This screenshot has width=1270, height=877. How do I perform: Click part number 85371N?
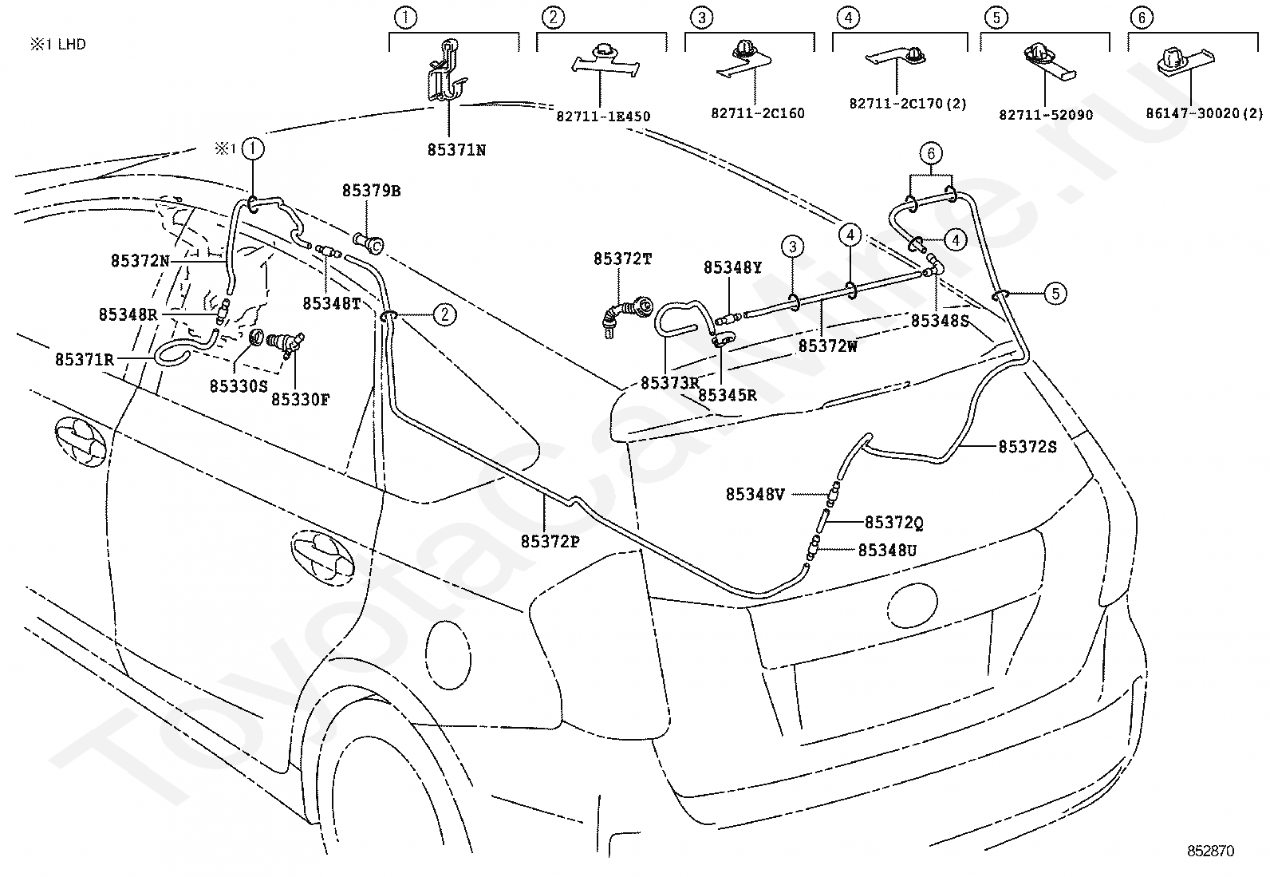pyautogui.click(x=456, y=150)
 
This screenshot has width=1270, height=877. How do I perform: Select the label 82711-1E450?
pyautogui.click(x=603, y=117)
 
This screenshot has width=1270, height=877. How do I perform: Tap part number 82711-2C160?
pyautogui.click(x=758, y=113)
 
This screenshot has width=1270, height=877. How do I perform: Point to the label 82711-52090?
pyautogui.click(x=1046, y=115)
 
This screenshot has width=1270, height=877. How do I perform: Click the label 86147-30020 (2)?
pyautogui.click(x=1205, y=113)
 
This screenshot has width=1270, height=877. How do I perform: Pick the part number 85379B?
pyautogui.click(x=372, y=191)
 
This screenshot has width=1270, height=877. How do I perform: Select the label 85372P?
pyautogui.click(x=550, y=542)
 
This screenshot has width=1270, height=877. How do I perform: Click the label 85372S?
pyautogui.click(x=1028, y=447)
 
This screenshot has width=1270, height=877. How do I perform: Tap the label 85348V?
pyautogui.click(x=755, y=495)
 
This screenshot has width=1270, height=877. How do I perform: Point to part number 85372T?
pyautogui.click(x=623, y=259)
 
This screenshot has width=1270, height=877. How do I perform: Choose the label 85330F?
pyautogui.click(x=301, y=400)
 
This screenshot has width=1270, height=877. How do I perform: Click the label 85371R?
pyautogui.click(x=85, y=360)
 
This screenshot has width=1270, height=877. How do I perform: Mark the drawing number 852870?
pyautogui.click(x=1210, y=851)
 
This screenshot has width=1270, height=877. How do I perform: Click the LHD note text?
pyautogui.click(x=57, y=44)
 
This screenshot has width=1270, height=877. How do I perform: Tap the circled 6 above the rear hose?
pyautogui.click(x=931, y=153)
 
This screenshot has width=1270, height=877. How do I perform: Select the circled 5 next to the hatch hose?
pyautogui.click(x=1055, y=294)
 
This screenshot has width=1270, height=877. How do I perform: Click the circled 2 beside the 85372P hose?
pyautogui.click(x=444, y=315)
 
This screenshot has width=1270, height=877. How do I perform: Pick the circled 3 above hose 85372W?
pyautogui.click(x=793, y=247)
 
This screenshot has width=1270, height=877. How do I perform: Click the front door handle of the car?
pyautogui.click(x=81, y=441)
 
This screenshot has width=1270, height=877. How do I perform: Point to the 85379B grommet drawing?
pyautogui.click(x=369, y=243)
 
